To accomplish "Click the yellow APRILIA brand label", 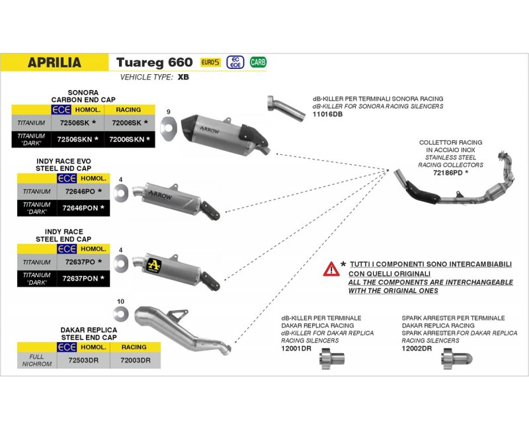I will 54,63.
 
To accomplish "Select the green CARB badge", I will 258,62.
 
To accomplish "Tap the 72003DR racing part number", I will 135,361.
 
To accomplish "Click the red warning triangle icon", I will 331,269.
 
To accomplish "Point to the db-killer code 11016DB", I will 328,114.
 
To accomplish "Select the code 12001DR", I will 296,348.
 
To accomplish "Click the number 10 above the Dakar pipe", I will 120,302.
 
